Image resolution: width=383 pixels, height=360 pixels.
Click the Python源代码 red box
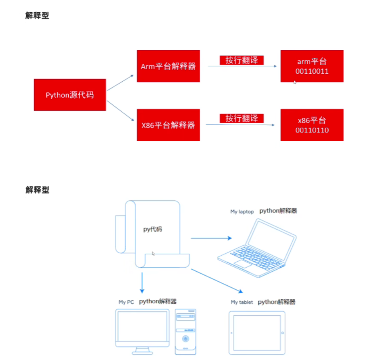tap(70, 95)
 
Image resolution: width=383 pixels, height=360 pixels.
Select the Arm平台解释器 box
tap(168, 66)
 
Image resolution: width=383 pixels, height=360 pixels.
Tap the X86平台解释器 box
tap(168, 125)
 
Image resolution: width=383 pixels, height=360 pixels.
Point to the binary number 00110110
tap(312, 130)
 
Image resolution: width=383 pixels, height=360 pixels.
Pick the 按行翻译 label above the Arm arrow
tap(242, 60)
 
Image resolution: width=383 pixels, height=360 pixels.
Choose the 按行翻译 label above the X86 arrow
tap(242, 118)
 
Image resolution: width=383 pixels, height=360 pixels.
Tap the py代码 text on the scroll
tap(153, 229)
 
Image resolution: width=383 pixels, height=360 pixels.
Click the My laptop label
tap(242, 212)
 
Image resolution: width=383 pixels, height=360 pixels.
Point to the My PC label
tap(126, 302)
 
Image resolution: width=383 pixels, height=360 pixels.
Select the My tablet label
tap(242, 302)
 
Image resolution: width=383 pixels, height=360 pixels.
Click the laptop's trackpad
tap(243, 264)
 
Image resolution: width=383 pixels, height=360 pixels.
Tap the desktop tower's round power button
tap(185, 339)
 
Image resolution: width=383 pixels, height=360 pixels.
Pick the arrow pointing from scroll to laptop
tap(211, 238)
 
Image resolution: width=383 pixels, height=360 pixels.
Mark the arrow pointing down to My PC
tap(142, 283)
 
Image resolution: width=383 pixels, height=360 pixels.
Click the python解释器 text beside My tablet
tap(277, 302)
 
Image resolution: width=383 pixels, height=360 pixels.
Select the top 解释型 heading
tap(37, 16)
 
